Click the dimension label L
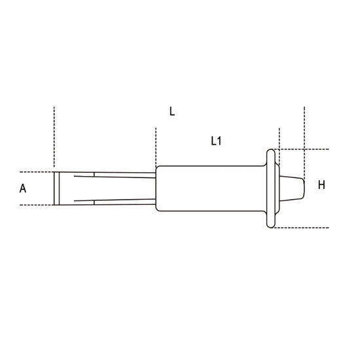pos(172,111)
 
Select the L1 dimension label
pos(216,141)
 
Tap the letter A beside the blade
pos(23,189)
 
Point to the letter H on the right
pos(321,185)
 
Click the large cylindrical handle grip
pos(211,189)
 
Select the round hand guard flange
pos(271,189)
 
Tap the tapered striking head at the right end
pos(292,189)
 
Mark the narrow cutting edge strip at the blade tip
pos(56,189)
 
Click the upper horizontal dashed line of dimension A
pos(37,172)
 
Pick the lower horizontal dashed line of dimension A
pos(37,205)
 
